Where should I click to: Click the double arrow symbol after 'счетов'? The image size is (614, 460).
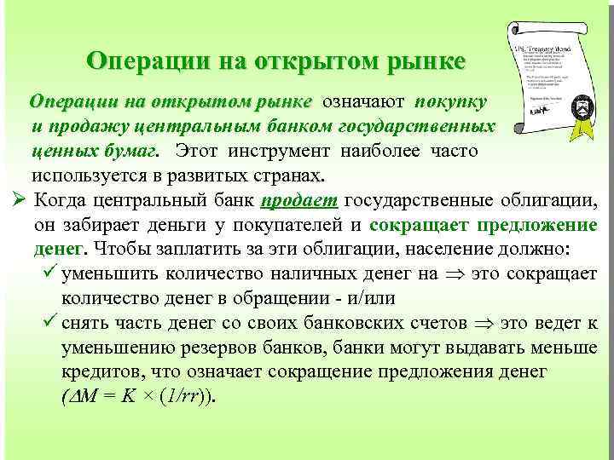tap(484, 324)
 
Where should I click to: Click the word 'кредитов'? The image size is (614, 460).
tap(99, 372)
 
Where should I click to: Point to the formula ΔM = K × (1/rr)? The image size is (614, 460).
tap(140, 397)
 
